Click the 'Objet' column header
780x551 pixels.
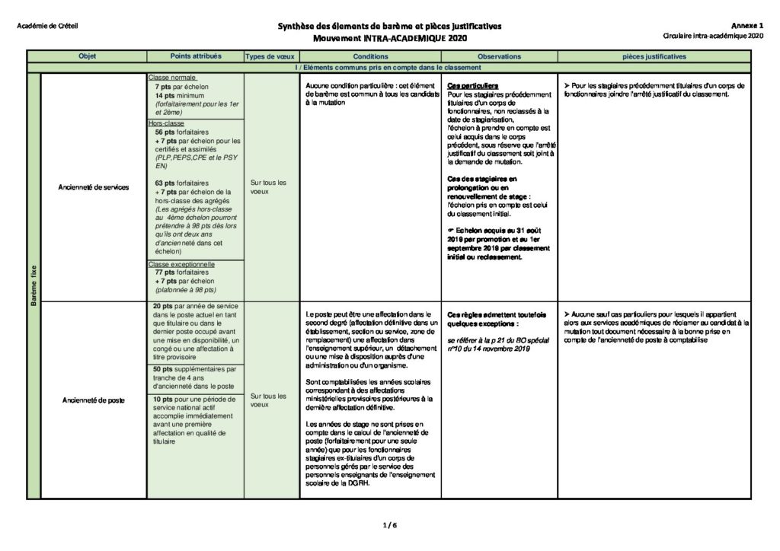[87, 56]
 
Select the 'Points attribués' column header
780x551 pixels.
[195, 56]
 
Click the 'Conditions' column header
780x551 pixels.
[371, 56]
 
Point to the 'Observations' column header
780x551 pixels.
[499, 56]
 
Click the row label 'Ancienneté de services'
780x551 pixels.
[94, 186]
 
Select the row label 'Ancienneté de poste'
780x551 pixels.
[94, 399]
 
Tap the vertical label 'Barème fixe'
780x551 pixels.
[34, 285]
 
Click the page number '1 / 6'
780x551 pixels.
[389, 524]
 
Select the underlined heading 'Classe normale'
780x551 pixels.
[173, 78]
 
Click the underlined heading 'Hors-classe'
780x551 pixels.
[167, 123]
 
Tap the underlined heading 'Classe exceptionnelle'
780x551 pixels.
[182, 264]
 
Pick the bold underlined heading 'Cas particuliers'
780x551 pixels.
[473, 86]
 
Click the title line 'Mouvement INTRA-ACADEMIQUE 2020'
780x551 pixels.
[389, 38]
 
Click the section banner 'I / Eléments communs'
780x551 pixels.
[389, 67]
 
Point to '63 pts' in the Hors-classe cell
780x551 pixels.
[165, 183]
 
